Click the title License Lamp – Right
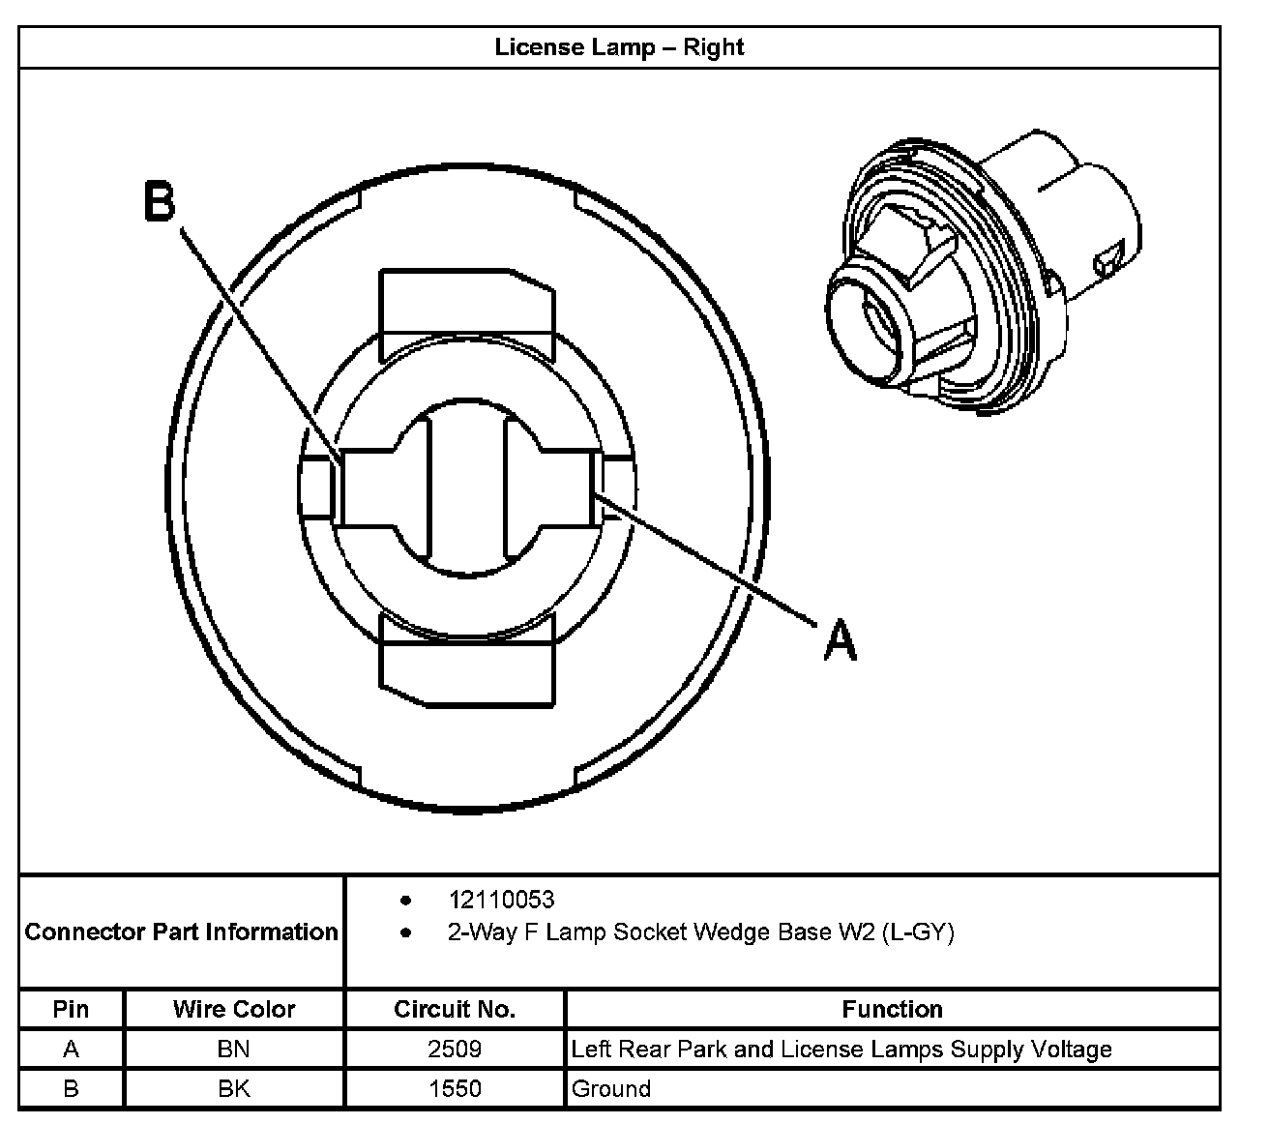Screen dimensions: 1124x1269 (x=619, y=47)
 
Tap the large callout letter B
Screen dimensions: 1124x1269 (x=161, y=203)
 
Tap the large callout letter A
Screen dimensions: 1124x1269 (x=840, y=640)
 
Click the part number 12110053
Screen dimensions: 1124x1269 (x=501, y=900)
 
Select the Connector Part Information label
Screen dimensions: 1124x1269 (x=181, y=932)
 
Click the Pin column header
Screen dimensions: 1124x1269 (x=71, y=1009)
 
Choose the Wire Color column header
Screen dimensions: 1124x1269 (x=234, y=1009)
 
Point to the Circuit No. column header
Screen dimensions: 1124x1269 (x=455, y=1009)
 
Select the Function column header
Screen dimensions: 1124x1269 (x=892, y=1009)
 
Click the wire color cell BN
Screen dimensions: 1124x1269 (x=234, y=1049)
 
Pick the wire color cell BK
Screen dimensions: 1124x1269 (x=234, y=1088)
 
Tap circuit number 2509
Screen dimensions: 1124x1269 (x=455, y=1049)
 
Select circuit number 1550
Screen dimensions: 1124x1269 (x=455, y=1088)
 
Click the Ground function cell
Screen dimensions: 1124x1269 (x=611, y=1088)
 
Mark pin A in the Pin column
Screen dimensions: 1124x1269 (x=71, y=1049)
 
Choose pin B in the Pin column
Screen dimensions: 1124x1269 (x=71, y=1088)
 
